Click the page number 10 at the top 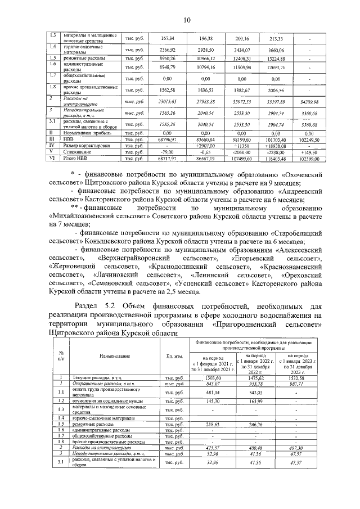click(186, 20)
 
